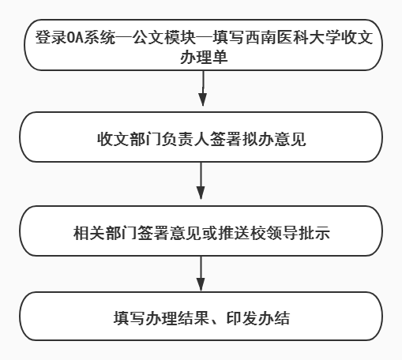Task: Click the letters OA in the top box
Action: click(76, 37)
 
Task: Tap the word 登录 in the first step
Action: click(51, 37)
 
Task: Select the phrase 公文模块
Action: click(164, 37)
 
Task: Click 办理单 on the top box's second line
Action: click(204, 57)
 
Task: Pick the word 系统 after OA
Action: click(100, 37)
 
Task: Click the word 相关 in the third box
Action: click(89, 233)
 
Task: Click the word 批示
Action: click(314, 233)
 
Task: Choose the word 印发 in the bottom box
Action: click(242, 318)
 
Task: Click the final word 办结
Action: click(274, 318)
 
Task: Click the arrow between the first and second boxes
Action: click(203, 88)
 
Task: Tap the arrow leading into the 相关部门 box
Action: click(201, 181)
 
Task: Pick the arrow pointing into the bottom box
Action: click(201, 274)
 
